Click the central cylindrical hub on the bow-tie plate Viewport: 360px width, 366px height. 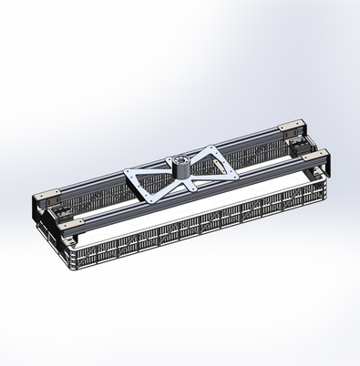coord(180,166)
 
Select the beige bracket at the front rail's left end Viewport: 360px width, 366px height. coord(72,222)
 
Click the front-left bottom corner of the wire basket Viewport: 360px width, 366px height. coord(73,268)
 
